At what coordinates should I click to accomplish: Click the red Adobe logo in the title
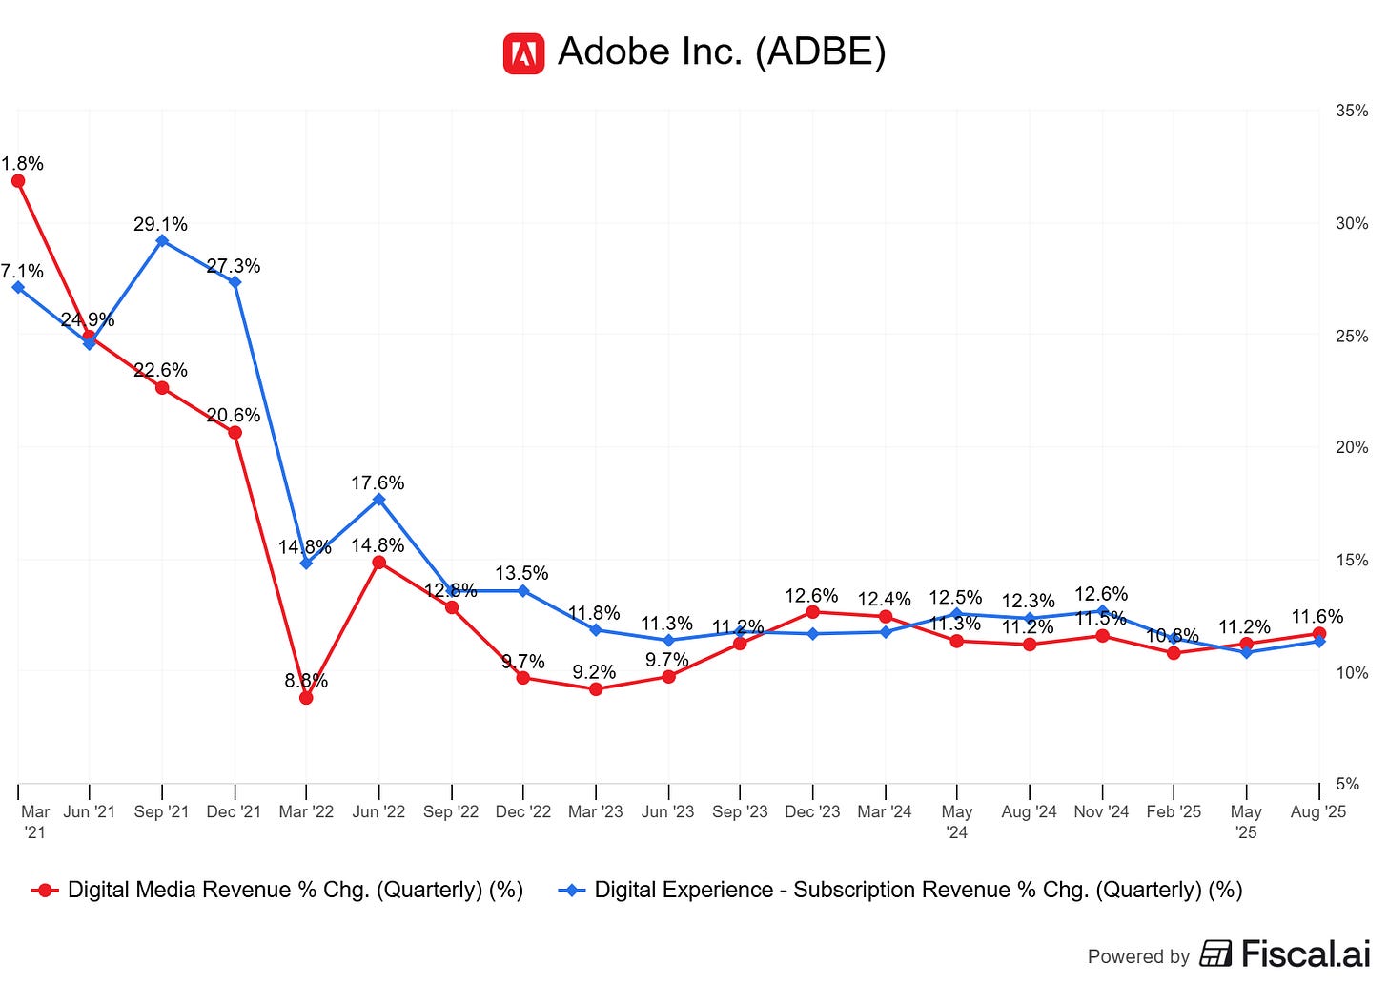click(523, 53)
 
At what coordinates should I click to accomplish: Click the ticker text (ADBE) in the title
click(820, 51)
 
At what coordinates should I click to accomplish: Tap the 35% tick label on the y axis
click(1351, 111)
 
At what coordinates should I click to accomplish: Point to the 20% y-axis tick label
click(1351, 447)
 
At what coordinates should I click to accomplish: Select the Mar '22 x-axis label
click(306, 811)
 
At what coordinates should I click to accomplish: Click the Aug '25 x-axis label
click(1317, 811)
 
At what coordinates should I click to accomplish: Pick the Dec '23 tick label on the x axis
click(812, 811)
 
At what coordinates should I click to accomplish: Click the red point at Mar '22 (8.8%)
click(306, 698)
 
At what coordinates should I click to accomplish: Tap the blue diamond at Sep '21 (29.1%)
click(162, 240)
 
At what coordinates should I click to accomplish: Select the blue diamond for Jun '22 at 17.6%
click(378, 499)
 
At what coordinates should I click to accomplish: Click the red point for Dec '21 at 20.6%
click(235, 433)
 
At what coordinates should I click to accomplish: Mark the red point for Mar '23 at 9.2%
click(596, 688)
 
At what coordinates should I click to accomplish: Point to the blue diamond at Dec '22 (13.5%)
click(523, 591)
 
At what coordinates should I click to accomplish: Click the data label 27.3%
click(234, 266)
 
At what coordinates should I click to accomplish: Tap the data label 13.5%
click(521, 573)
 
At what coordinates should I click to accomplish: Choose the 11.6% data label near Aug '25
click(1317, 617)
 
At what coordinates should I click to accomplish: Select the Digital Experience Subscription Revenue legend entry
click(901, 890)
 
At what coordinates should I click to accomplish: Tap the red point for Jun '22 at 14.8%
click(378, 563)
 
